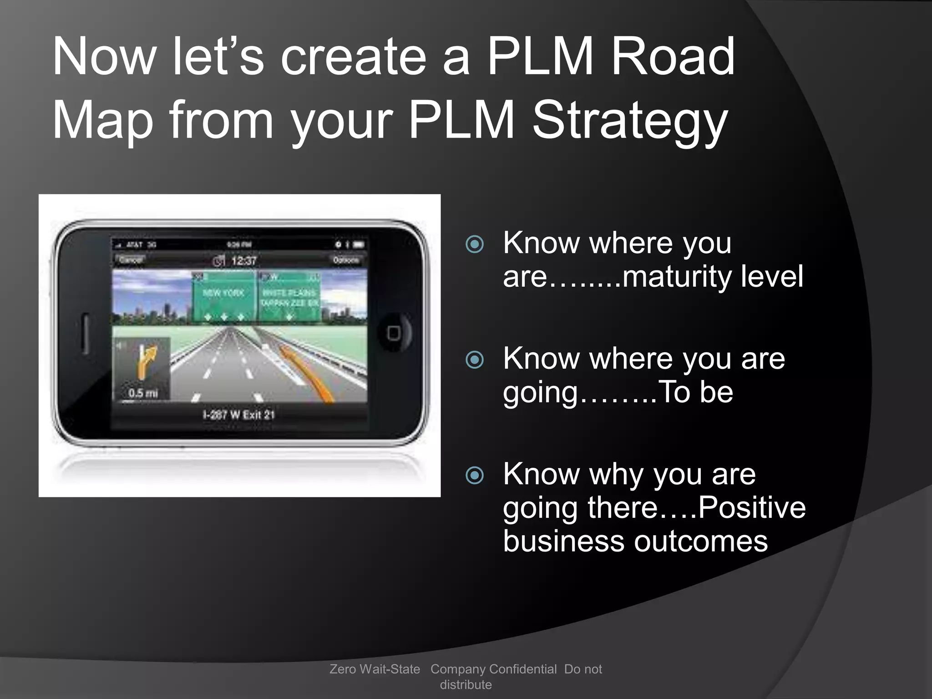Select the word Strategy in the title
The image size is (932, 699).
pyautogui.click(x=630, y=121)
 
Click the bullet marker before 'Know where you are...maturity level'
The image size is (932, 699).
pyautogui.click(x=475, y=244)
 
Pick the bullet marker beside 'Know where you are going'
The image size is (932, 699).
pyautogui.click(x=475, y=360)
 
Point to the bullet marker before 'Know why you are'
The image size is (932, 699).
pyautogui.click(x=475, y=476)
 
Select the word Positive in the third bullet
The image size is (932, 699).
pyautogui.click(x=751, y=507)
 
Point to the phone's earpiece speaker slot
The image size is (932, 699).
pyautogui.click(x=85, y=333)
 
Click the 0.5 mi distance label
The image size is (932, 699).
pyautogui.click(x=143, y=393)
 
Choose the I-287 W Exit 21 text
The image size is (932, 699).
pyautogui.click(x=238, y=415)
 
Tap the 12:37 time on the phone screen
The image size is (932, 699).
pyautogui.click(x=243, y=261)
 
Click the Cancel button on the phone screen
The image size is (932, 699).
pyautogui.click(x=131, y=260)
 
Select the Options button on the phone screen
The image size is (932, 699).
pyautogui.click(x=346, y=260)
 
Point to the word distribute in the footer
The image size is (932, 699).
pyautogui.click(x=466, y=684)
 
